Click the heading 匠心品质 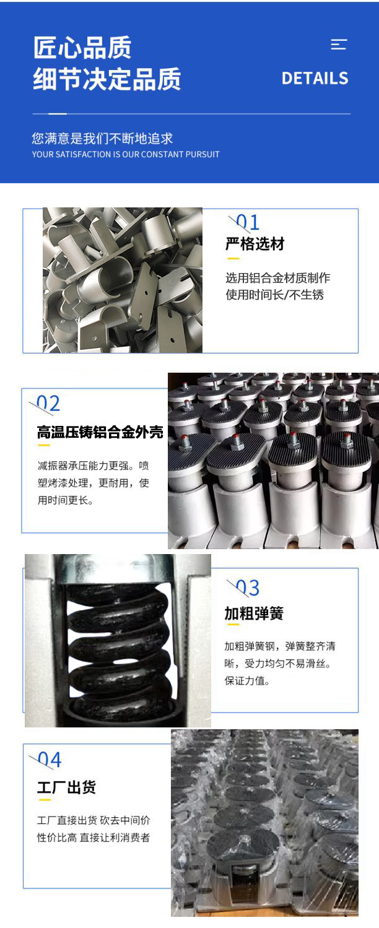tap(82, 48)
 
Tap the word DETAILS tap(315, 78)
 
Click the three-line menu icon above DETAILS tap(339, 45)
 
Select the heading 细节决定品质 tap(107, 79)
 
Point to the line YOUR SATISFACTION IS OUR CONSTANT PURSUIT tap(126, 155)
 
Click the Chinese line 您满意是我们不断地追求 tap(102, 139)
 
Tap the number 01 tap(248, 223)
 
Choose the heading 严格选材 tap(255, 244)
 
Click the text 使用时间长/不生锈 tap(274, 295)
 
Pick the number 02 tap(48, 404)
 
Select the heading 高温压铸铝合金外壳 tap(100, 433)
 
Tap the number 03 tap(248, 588)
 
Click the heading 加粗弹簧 tap(254, 614)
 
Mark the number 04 tap(50, 760)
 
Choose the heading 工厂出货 tap(66, 787)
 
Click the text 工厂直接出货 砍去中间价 tap(93, 820)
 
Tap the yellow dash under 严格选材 tap(233, 259)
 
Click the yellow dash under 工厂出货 tap(45, 800)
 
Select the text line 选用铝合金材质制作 tap(278, 278)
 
